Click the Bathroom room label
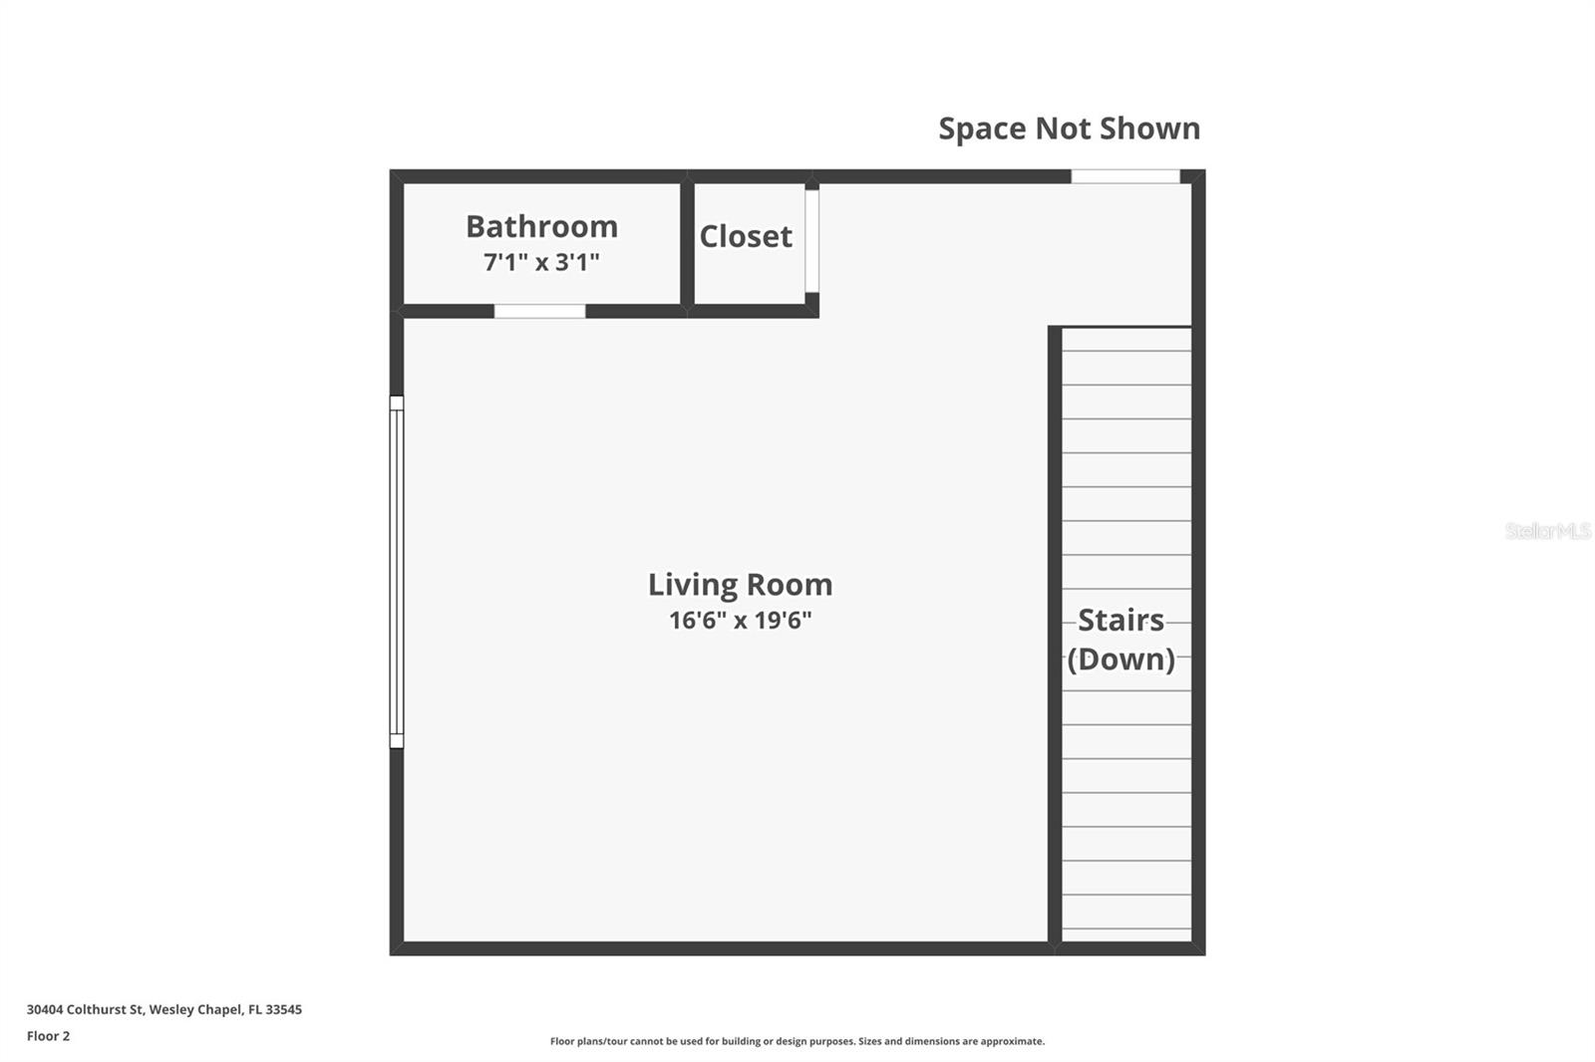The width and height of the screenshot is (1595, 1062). pos(541,227)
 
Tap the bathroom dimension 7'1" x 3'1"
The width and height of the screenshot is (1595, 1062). pos(541,262)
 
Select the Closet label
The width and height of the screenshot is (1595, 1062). pos(746,237)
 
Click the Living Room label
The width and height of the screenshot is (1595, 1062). pos(740,585)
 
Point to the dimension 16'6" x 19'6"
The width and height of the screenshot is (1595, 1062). pos(740,621)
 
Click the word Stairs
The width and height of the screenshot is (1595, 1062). pos(1120,621)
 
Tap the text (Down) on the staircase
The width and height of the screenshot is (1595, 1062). pos(1120,660)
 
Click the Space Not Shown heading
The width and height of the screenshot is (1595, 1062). pos(1069,129)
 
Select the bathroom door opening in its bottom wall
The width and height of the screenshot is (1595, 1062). pos(539,312)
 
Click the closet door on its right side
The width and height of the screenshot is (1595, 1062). pos(811,240)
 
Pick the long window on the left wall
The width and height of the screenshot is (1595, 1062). pos(396,572)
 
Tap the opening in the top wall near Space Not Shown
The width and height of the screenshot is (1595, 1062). pos(1124,176)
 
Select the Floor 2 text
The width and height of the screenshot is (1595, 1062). pos(48,1036)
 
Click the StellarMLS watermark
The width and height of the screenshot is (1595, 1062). pos(1547,531)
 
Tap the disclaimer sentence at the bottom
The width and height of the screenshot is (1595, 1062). pos(797,1041)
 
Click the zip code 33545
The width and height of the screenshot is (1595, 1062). pos(283,1009)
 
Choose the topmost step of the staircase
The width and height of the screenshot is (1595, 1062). pos(1126,339)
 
